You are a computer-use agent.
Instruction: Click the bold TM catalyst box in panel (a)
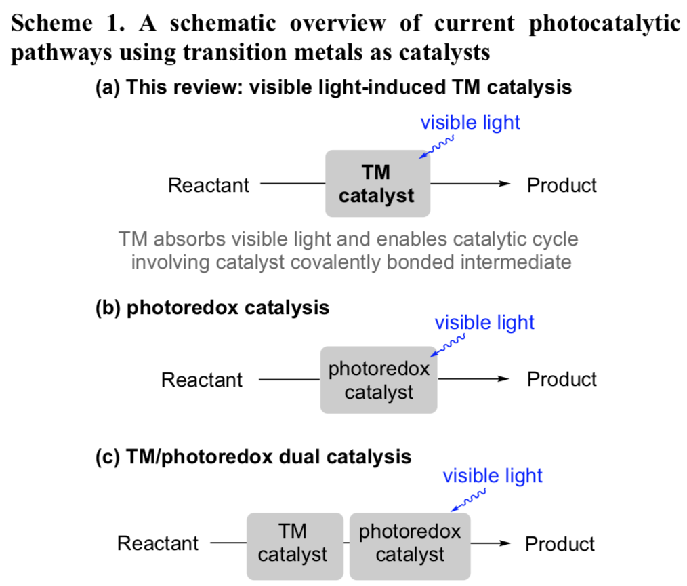tap(377, 184)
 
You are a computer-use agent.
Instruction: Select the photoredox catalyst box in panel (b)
tap(379, 380)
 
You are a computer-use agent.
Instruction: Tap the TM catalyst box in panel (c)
tap(293, 543)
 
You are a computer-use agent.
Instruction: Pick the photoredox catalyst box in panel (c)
tap(410, 543)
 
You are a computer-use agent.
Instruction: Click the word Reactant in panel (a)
tap(209, 185)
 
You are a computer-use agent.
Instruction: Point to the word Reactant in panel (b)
tap(202, 380)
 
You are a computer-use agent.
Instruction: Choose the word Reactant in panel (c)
tap(158, 543)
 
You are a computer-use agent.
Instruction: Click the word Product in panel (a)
tap(562, 185)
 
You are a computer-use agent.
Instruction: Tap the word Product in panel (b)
tap(562, 379)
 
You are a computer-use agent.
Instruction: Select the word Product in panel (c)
tap(560, 544)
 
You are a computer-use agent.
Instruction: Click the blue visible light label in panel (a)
tap(470, 123)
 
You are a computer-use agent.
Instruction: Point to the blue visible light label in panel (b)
tap(484, 322)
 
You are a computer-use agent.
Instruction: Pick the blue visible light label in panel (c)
tap(493, 475)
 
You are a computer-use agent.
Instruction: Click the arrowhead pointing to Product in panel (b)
tap(503, 380)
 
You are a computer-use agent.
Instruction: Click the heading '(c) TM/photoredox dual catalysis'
tap(253, 456)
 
